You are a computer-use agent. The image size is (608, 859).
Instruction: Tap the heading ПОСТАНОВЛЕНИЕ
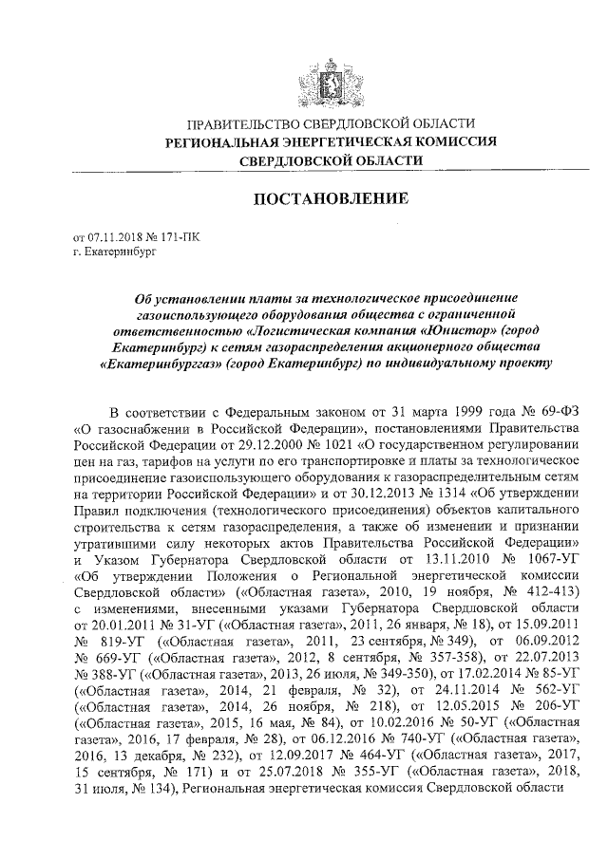[x=331, y=199]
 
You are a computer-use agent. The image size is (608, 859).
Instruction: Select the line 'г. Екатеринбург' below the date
[x=113, y=252]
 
